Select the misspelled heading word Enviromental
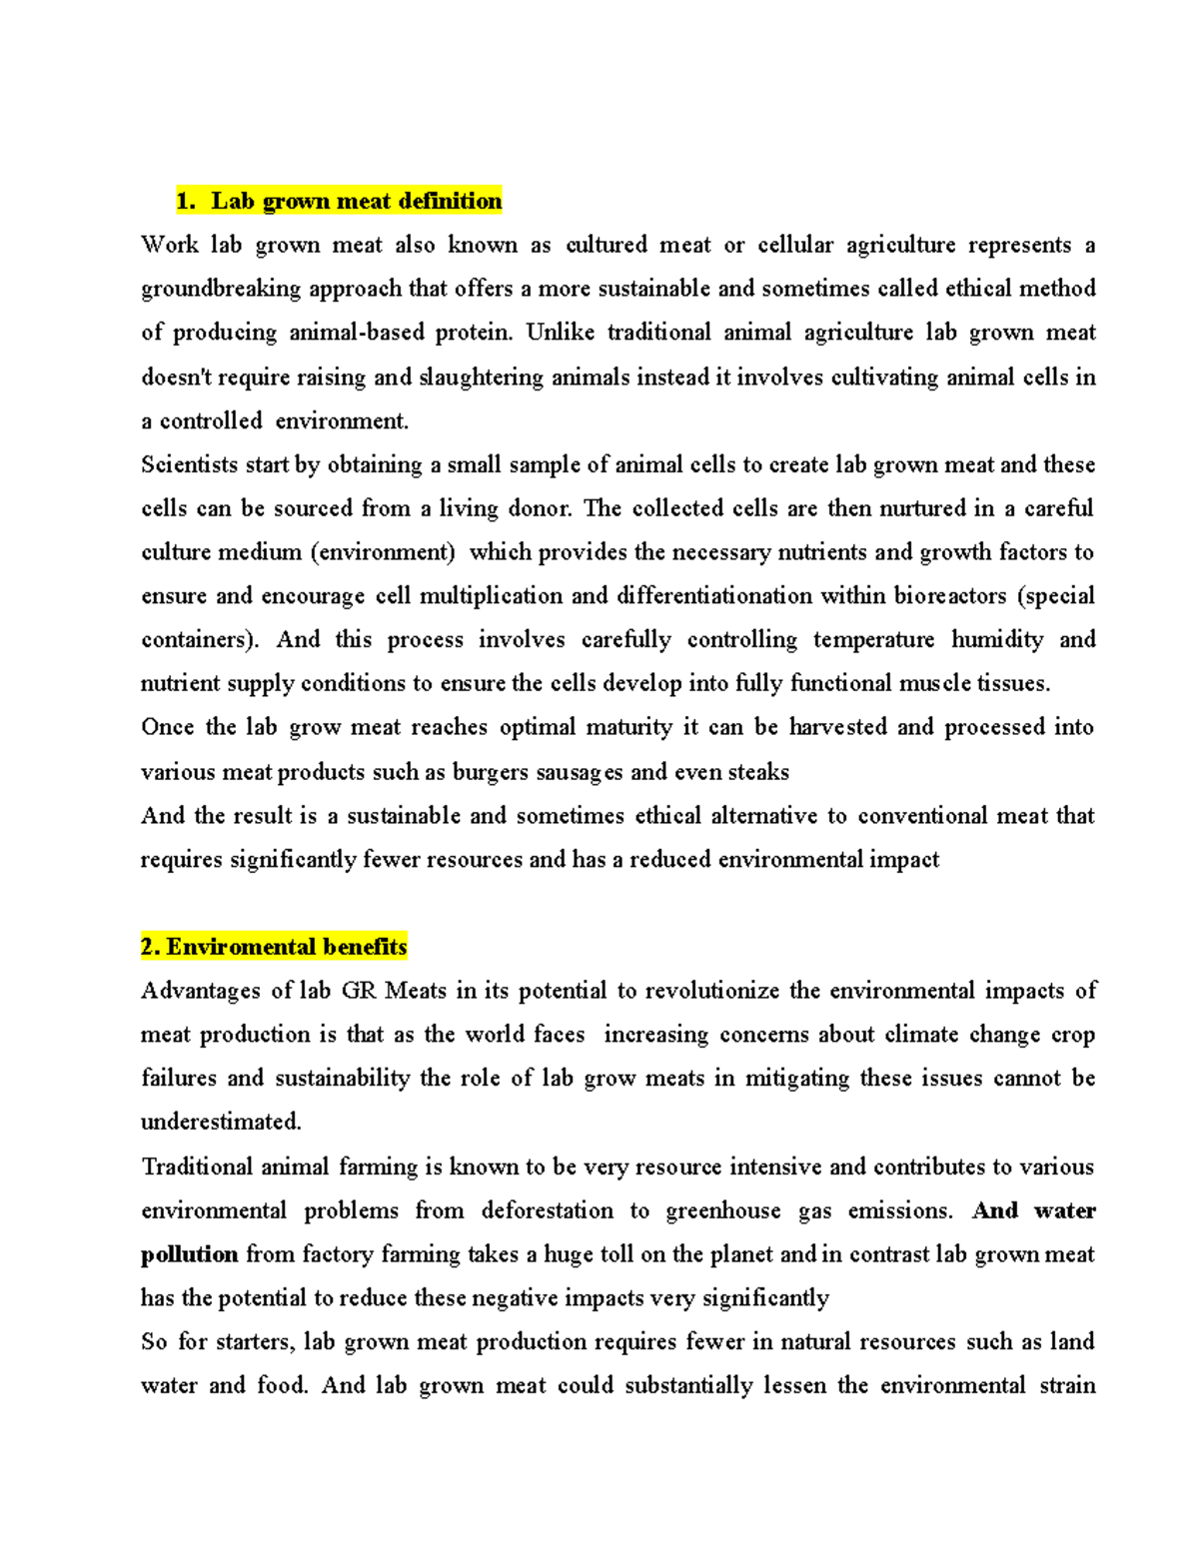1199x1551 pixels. pyautogui.click(x=237, y=947)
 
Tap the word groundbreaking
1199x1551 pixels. pyautogui.click(x=221, y=289)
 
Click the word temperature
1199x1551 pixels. pyautogui.click(x=874, y=639)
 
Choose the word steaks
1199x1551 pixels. pyautogui.click(x=757, y=772)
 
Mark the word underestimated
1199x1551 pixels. pyautogui.click(x=221, y=1122)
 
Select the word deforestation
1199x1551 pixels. pyautogui.click(x=548, y=1210)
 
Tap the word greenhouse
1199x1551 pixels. pyautogui.click(x=723, y=1210)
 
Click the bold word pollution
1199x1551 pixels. pyautogui.click(x=189, y=1254)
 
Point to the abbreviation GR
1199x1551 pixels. pyautogui.click(x=358, y=991)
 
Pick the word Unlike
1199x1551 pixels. pyautogui.click(x=560, y=333)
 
